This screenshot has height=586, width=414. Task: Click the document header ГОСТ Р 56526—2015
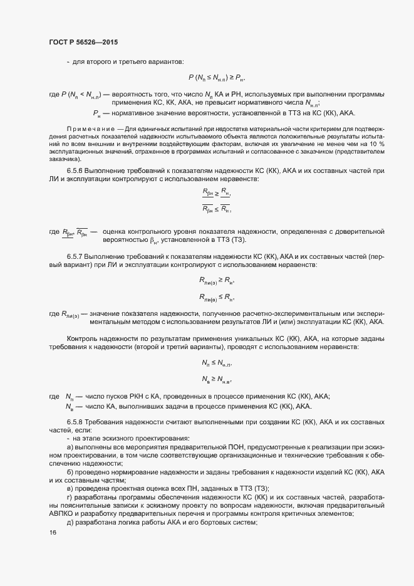83,42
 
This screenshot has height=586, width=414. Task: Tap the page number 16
53,533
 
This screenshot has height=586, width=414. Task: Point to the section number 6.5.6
77,171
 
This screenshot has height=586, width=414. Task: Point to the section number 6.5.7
77,258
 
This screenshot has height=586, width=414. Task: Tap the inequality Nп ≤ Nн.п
217,363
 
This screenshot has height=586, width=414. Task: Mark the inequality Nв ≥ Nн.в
217,379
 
